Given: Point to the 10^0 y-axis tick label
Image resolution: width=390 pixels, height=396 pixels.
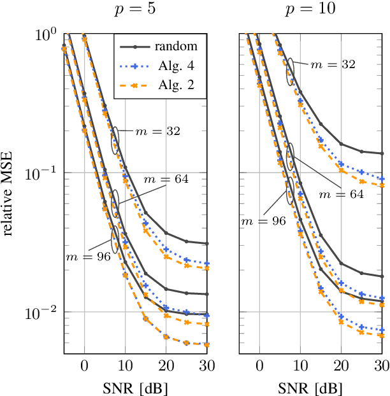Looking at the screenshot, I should pos(47,34).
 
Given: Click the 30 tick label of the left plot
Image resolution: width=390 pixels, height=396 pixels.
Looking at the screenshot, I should pos(206,365).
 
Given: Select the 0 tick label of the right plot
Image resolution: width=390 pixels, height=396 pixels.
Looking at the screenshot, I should pos(259,365).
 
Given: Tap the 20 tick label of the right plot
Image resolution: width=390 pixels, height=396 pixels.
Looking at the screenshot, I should pos(341,365).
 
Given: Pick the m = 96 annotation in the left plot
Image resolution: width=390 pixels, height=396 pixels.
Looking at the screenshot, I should pos(89,257).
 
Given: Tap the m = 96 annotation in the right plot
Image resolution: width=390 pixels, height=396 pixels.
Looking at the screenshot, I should pos(263,220).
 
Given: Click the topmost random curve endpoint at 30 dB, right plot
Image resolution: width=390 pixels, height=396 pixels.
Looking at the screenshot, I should pos(382,153).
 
